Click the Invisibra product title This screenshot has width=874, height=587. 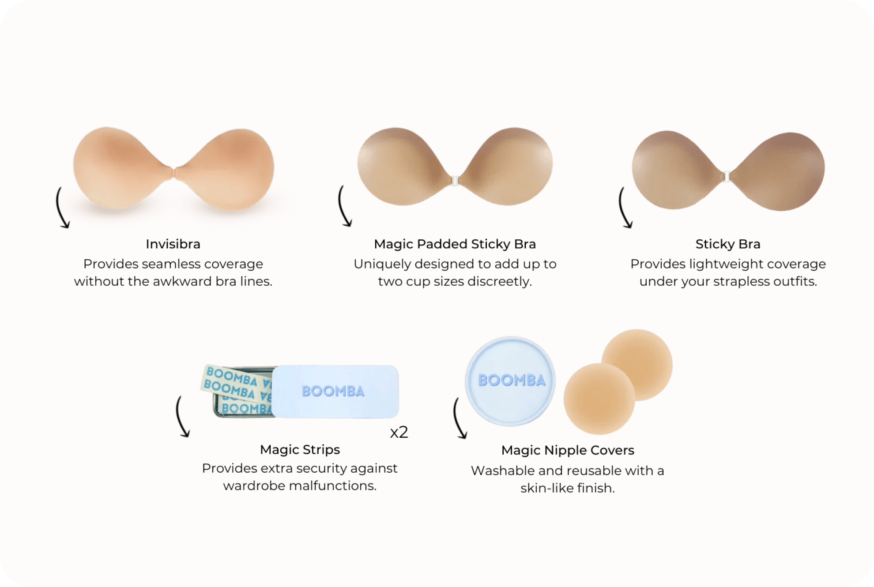pyautogui.click(x=173, y=244)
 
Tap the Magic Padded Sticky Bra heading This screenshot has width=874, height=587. pyautogui.click(x=455, y=244)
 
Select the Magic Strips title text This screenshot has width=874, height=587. pyautogui.click(x=300, y=450)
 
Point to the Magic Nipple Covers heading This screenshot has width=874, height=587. pyautogui.click(x=568, y=450)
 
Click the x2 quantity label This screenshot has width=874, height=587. pyautogui.click(x=399, y=432)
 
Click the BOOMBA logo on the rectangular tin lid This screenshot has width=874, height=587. pyautogui.click(x=333, y=391)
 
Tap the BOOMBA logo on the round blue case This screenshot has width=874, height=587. pyautogui.click(x=512, y=380)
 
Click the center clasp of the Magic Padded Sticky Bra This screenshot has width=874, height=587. pyautogui.click(x=455, y=181)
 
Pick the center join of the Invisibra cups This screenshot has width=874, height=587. pyautogui.click(x=174, y=173)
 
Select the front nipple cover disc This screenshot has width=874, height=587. pyautogui.click(x=599, y=398)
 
